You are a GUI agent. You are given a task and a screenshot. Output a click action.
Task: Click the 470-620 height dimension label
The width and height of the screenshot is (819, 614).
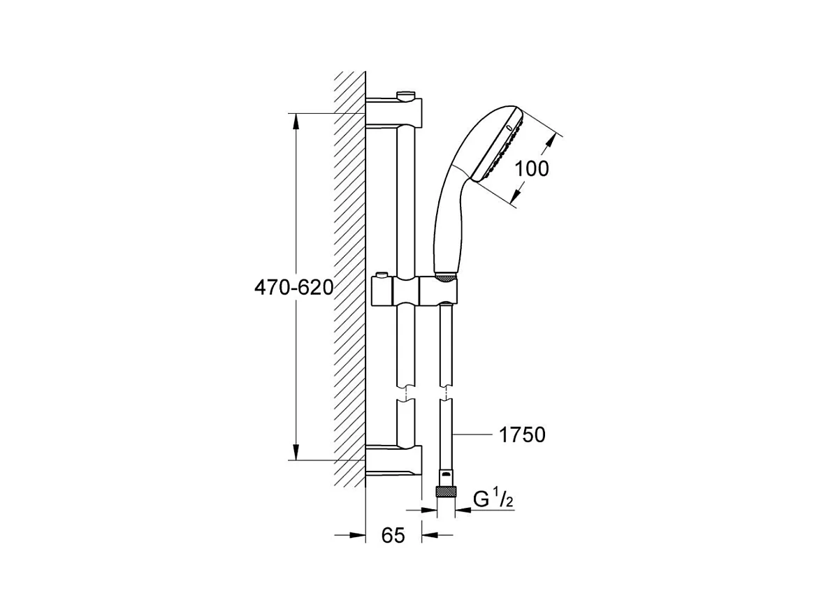(293, 288)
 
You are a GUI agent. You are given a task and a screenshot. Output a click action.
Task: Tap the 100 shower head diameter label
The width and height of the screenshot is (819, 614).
(532, 168)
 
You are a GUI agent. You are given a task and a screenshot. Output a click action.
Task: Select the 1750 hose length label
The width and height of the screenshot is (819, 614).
(522, 434)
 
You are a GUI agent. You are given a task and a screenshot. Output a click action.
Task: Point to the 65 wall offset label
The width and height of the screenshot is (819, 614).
(393, 535)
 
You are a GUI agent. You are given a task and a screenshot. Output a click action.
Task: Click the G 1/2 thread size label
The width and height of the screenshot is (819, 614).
(493, 499)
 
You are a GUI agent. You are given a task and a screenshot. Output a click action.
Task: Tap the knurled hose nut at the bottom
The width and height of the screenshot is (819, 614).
(446, 492)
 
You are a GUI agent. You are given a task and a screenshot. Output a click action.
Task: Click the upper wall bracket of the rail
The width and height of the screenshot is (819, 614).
(393, 112)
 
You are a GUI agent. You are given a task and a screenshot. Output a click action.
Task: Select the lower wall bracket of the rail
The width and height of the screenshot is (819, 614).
(393, 460)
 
